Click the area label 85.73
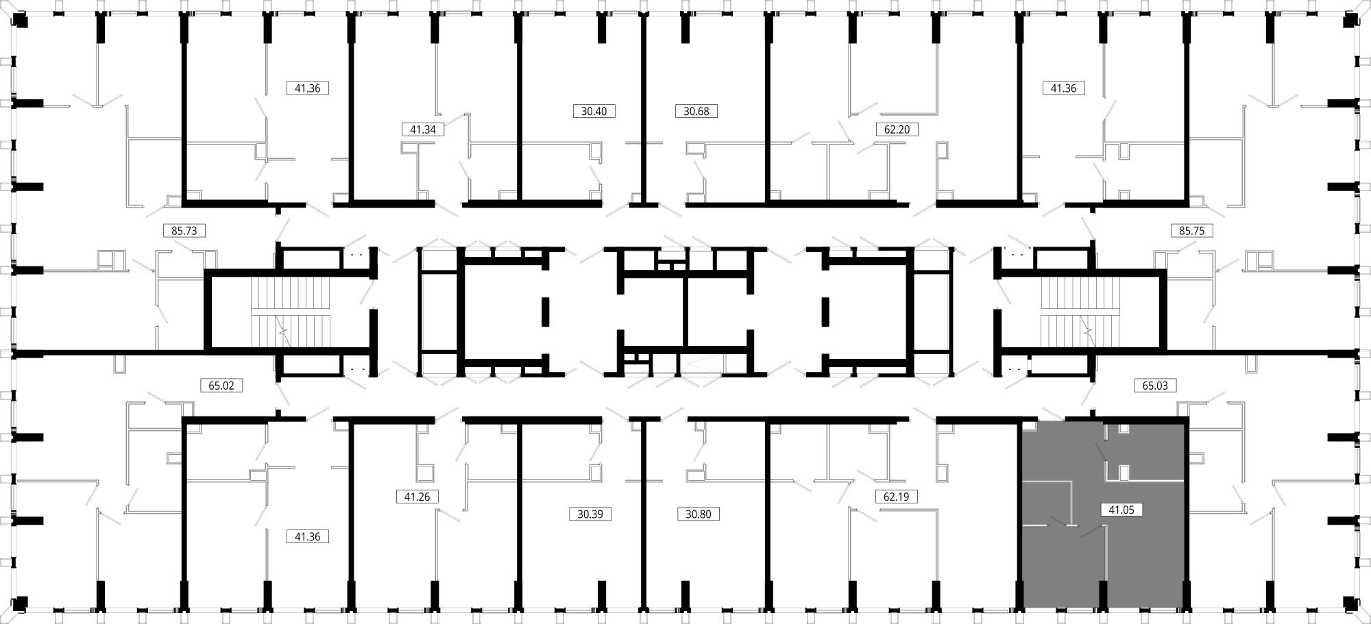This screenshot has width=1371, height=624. coord(184,231)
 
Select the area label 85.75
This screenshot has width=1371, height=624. coord(1191,231)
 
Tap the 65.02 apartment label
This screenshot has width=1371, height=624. coord(221,386)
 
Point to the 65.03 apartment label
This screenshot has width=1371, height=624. coord(1155,386)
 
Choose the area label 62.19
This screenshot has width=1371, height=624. coord(896,497)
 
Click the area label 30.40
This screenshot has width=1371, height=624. coord(594,111)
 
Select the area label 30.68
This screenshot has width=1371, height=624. coord(696,111)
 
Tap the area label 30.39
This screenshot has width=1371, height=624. coord(590,514)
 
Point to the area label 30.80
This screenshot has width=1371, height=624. coord(699,514)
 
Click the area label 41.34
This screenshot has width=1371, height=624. coord(423,129)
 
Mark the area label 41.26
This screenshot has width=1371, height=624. coord(417,497)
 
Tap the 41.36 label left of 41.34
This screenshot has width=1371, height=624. coord(308,88)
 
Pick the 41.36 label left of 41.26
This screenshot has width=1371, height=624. coord(308,536)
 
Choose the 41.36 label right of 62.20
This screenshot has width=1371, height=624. coord(1063,88)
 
